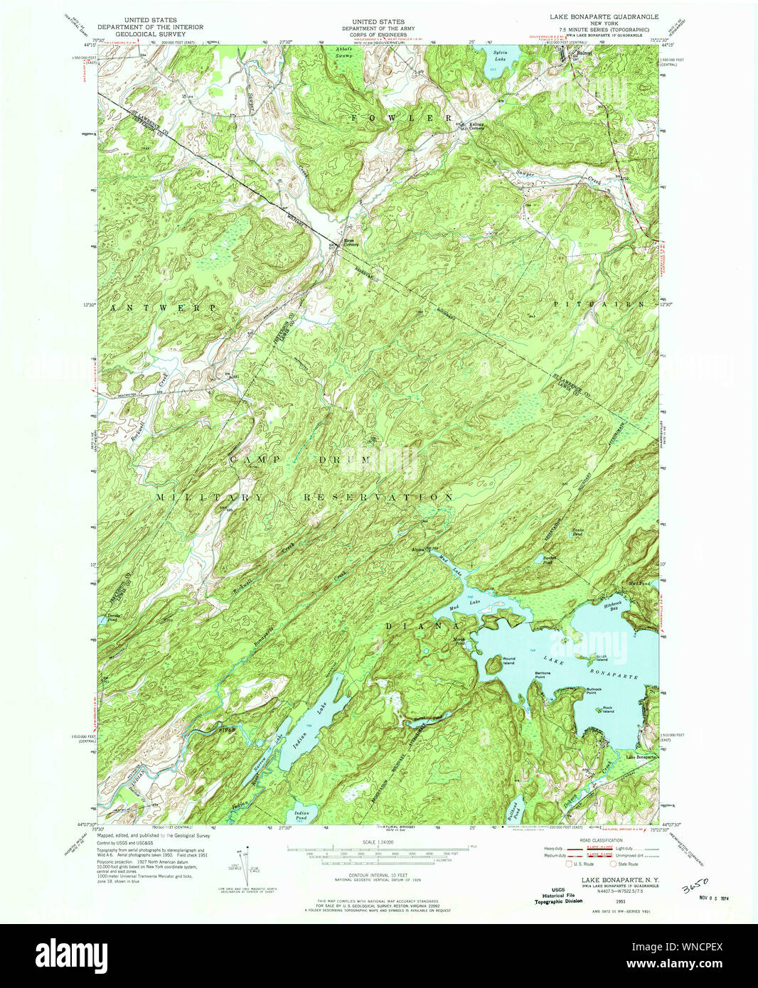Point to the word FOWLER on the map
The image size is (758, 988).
click(x=401, y=117)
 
